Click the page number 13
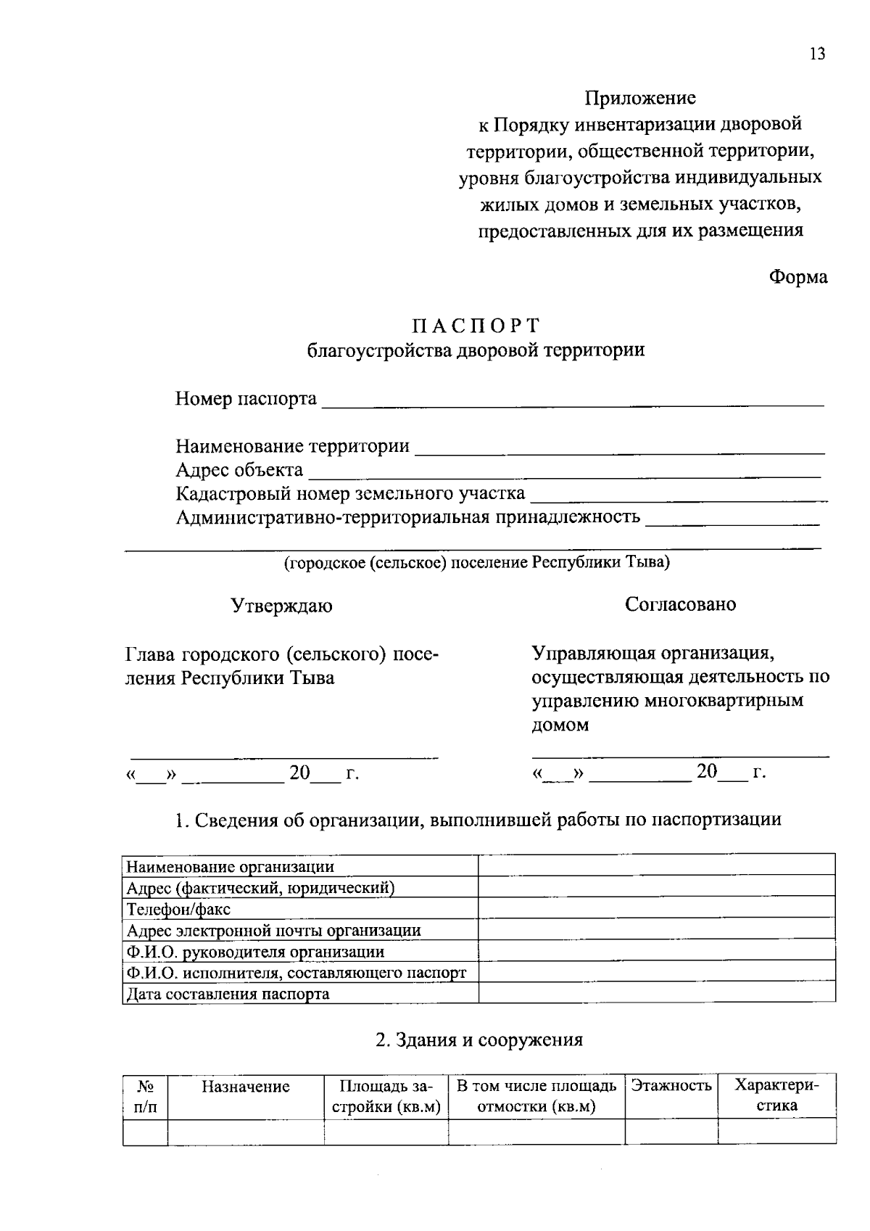(x=817, y=54)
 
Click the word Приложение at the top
(x=640, y=98)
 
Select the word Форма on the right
(x=798, y=277)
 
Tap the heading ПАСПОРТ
(x=476, y=325)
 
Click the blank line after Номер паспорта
(x=573, y=401)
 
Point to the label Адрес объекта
(x=239, y=470)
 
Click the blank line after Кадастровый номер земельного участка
(x=678, y=497)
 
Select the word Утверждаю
(x=281, y=606)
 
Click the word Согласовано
(x=680, y=604)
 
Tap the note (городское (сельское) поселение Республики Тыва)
(x=476, y=563)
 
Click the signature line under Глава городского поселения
(x=283, y=757)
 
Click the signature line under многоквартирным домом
(x=680, y=756)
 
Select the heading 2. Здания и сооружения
(x=478, y=1039)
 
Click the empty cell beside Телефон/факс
(x=656, y=908)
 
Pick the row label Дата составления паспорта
(x=228, y=994)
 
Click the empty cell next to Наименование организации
(x=656, y=865)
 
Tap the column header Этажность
(x=671, y=1086)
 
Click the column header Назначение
(x=245, y=1087)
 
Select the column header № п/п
(x=145, y=1096)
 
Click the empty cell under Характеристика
(x=776, y=1132)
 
